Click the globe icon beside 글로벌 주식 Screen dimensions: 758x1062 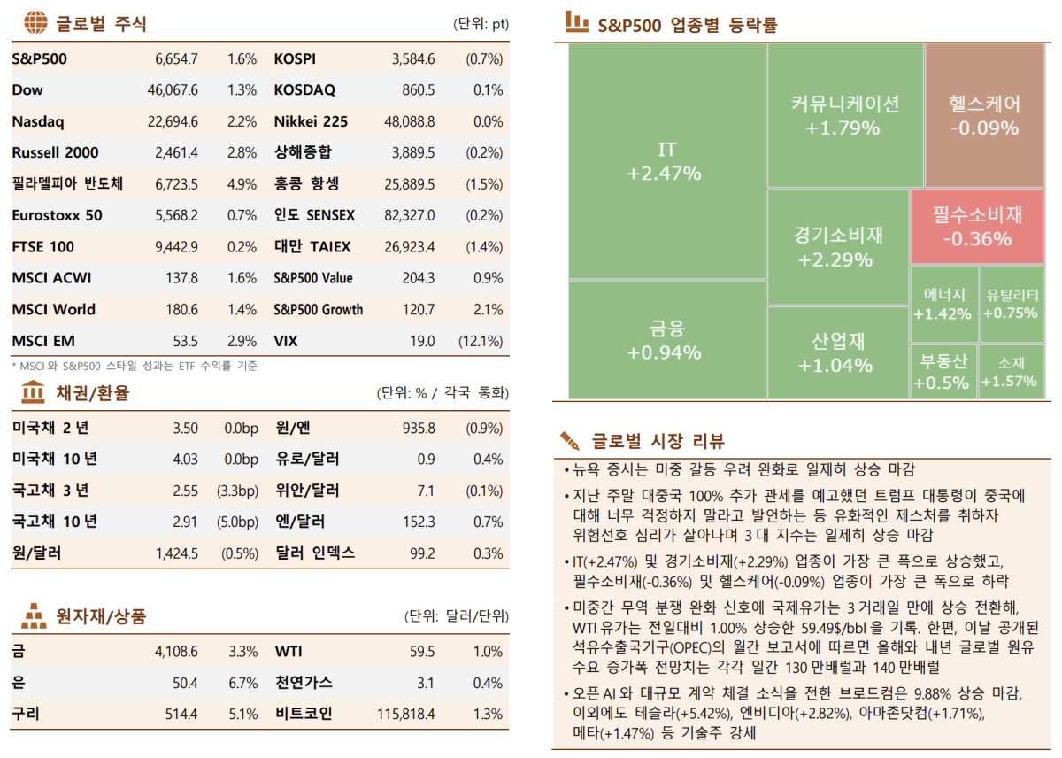(35, 23)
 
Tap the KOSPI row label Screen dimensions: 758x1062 (295, 59)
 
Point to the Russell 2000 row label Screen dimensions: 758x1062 (55, 152)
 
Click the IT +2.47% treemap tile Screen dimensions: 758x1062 (666, 160)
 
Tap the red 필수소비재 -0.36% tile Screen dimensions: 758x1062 (976, 226)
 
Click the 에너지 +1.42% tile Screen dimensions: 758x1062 (943, 304)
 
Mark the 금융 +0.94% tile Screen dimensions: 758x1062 (666, 339)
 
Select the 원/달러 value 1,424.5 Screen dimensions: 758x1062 (176, 553)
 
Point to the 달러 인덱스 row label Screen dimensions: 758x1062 (314, 553)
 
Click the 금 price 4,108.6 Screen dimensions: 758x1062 (175, 652)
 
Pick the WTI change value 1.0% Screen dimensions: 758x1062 (488, 652)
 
